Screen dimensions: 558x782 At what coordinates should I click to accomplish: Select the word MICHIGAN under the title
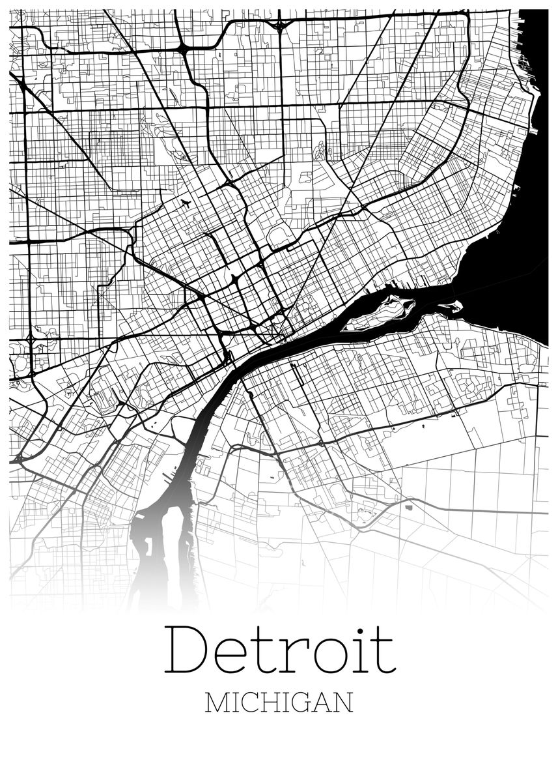[279, 703]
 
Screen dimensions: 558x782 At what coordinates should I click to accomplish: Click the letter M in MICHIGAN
[216, 703]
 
